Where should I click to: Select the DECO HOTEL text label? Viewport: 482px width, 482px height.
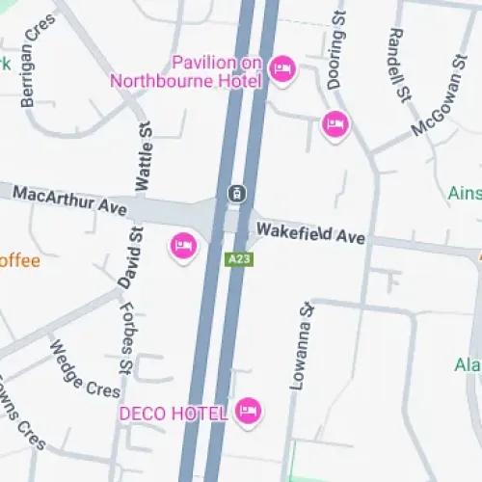pyautogui.click(x=173, y=414)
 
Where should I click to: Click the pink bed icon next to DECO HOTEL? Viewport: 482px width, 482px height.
pyautogui.click(x=249, y=412)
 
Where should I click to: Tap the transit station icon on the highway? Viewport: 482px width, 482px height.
pyautogui.click(x=236, y=193)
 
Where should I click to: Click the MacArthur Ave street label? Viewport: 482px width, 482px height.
pyautogui.click(x=70, y=201)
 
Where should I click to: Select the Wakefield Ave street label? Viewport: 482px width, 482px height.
pyautogui.click(x=309, y=232)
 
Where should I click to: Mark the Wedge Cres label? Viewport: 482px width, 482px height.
pyautogui.click(x=85, y=368)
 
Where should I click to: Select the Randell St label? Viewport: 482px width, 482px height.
pyautogui.click(x=396, y=54)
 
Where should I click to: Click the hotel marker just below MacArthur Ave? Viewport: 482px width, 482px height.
pyautogui.click(x=183, y=247)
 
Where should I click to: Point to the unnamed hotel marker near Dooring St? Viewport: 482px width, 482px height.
pyautogui.click(x=335, y=124)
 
